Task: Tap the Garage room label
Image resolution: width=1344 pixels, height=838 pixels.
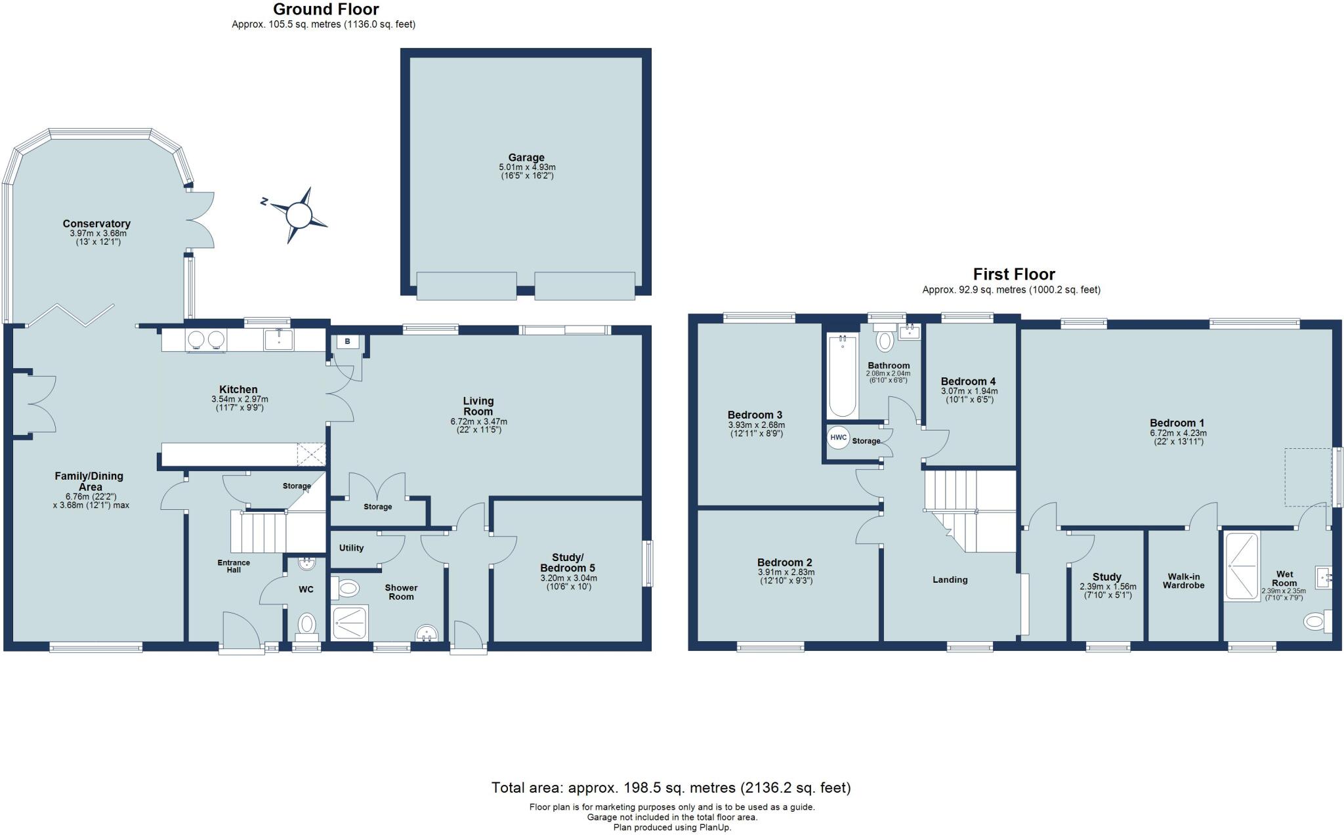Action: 526,157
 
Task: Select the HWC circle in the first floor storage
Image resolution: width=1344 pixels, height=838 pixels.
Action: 839,438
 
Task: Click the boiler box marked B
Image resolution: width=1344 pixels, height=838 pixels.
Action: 348,342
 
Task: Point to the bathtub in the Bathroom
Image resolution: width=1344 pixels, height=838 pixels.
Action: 843,376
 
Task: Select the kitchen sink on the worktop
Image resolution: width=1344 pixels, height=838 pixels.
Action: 279,339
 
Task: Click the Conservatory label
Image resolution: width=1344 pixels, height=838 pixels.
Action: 96,224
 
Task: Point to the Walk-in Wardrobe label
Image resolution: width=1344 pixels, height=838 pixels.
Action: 1184,581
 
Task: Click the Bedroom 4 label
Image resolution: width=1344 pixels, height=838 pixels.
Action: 968,381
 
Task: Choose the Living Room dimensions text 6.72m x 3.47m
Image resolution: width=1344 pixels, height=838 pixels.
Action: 478,421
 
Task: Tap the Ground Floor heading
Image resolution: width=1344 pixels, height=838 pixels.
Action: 326,9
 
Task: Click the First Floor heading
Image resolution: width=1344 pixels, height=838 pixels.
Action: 1014,274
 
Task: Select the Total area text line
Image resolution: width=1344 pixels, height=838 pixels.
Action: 671,787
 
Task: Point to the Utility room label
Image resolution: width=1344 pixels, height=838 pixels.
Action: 352,548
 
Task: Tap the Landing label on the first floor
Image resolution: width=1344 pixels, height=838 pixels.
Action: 950,579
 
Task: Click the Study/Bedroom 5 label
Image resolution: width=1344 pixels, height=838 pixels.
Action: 568,563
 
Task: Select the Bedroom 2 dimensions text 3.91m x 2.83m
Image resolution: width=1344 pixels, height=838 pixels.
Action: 785,572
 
